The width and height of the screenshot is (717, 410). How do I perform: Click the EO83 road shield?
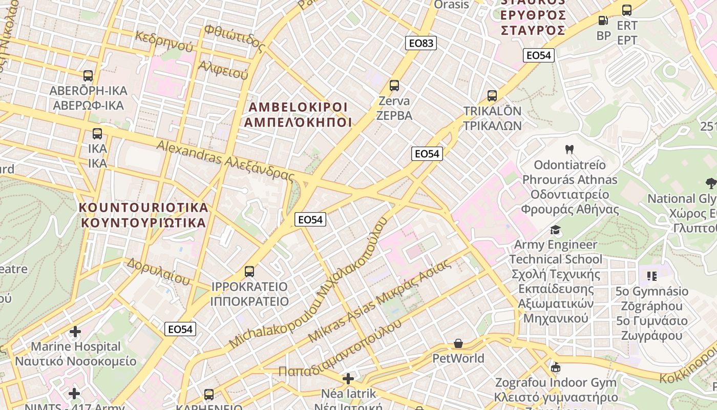421,43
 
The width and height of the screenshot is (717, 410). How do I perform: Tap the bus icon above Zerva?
394,86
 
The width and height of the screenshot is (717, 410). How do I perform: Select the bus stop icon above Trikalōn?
492,96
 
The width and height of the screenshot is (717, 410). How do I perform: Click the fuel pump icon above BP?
603,20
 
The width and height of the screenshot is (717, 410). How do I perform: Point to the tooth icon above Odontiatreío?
568,150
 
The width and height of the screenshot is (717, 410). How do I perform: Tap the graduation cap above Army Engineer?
555,230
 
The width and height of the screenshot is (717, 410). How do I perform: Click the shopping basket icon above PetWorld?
458,343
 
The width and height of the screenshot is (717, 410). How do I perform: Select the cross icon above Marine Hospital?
75,332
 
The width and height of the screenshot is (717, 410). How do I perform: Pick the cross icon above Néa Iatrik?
348,379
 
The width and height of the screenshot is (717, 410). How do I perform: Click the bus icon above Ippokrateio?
249,271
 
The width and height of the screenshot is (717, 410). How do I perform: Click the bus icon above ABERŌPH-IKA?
88,76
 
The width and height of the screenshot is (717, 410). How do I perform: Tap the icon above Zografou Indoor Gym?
556,367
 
